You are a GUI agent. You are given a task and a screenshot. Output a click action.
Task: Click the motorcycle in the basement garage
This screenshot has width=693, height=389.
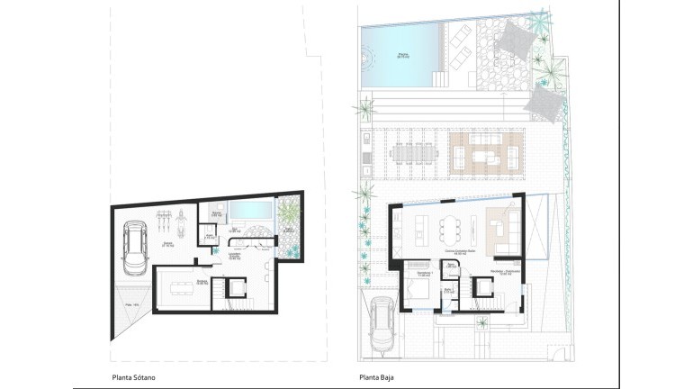pyautogui.click(x=181, y=216)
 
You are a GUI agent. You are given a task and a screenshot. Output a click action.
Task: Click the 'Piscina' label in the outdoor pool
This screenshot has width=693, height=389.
pyautogui.click(x=402, y=55)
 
